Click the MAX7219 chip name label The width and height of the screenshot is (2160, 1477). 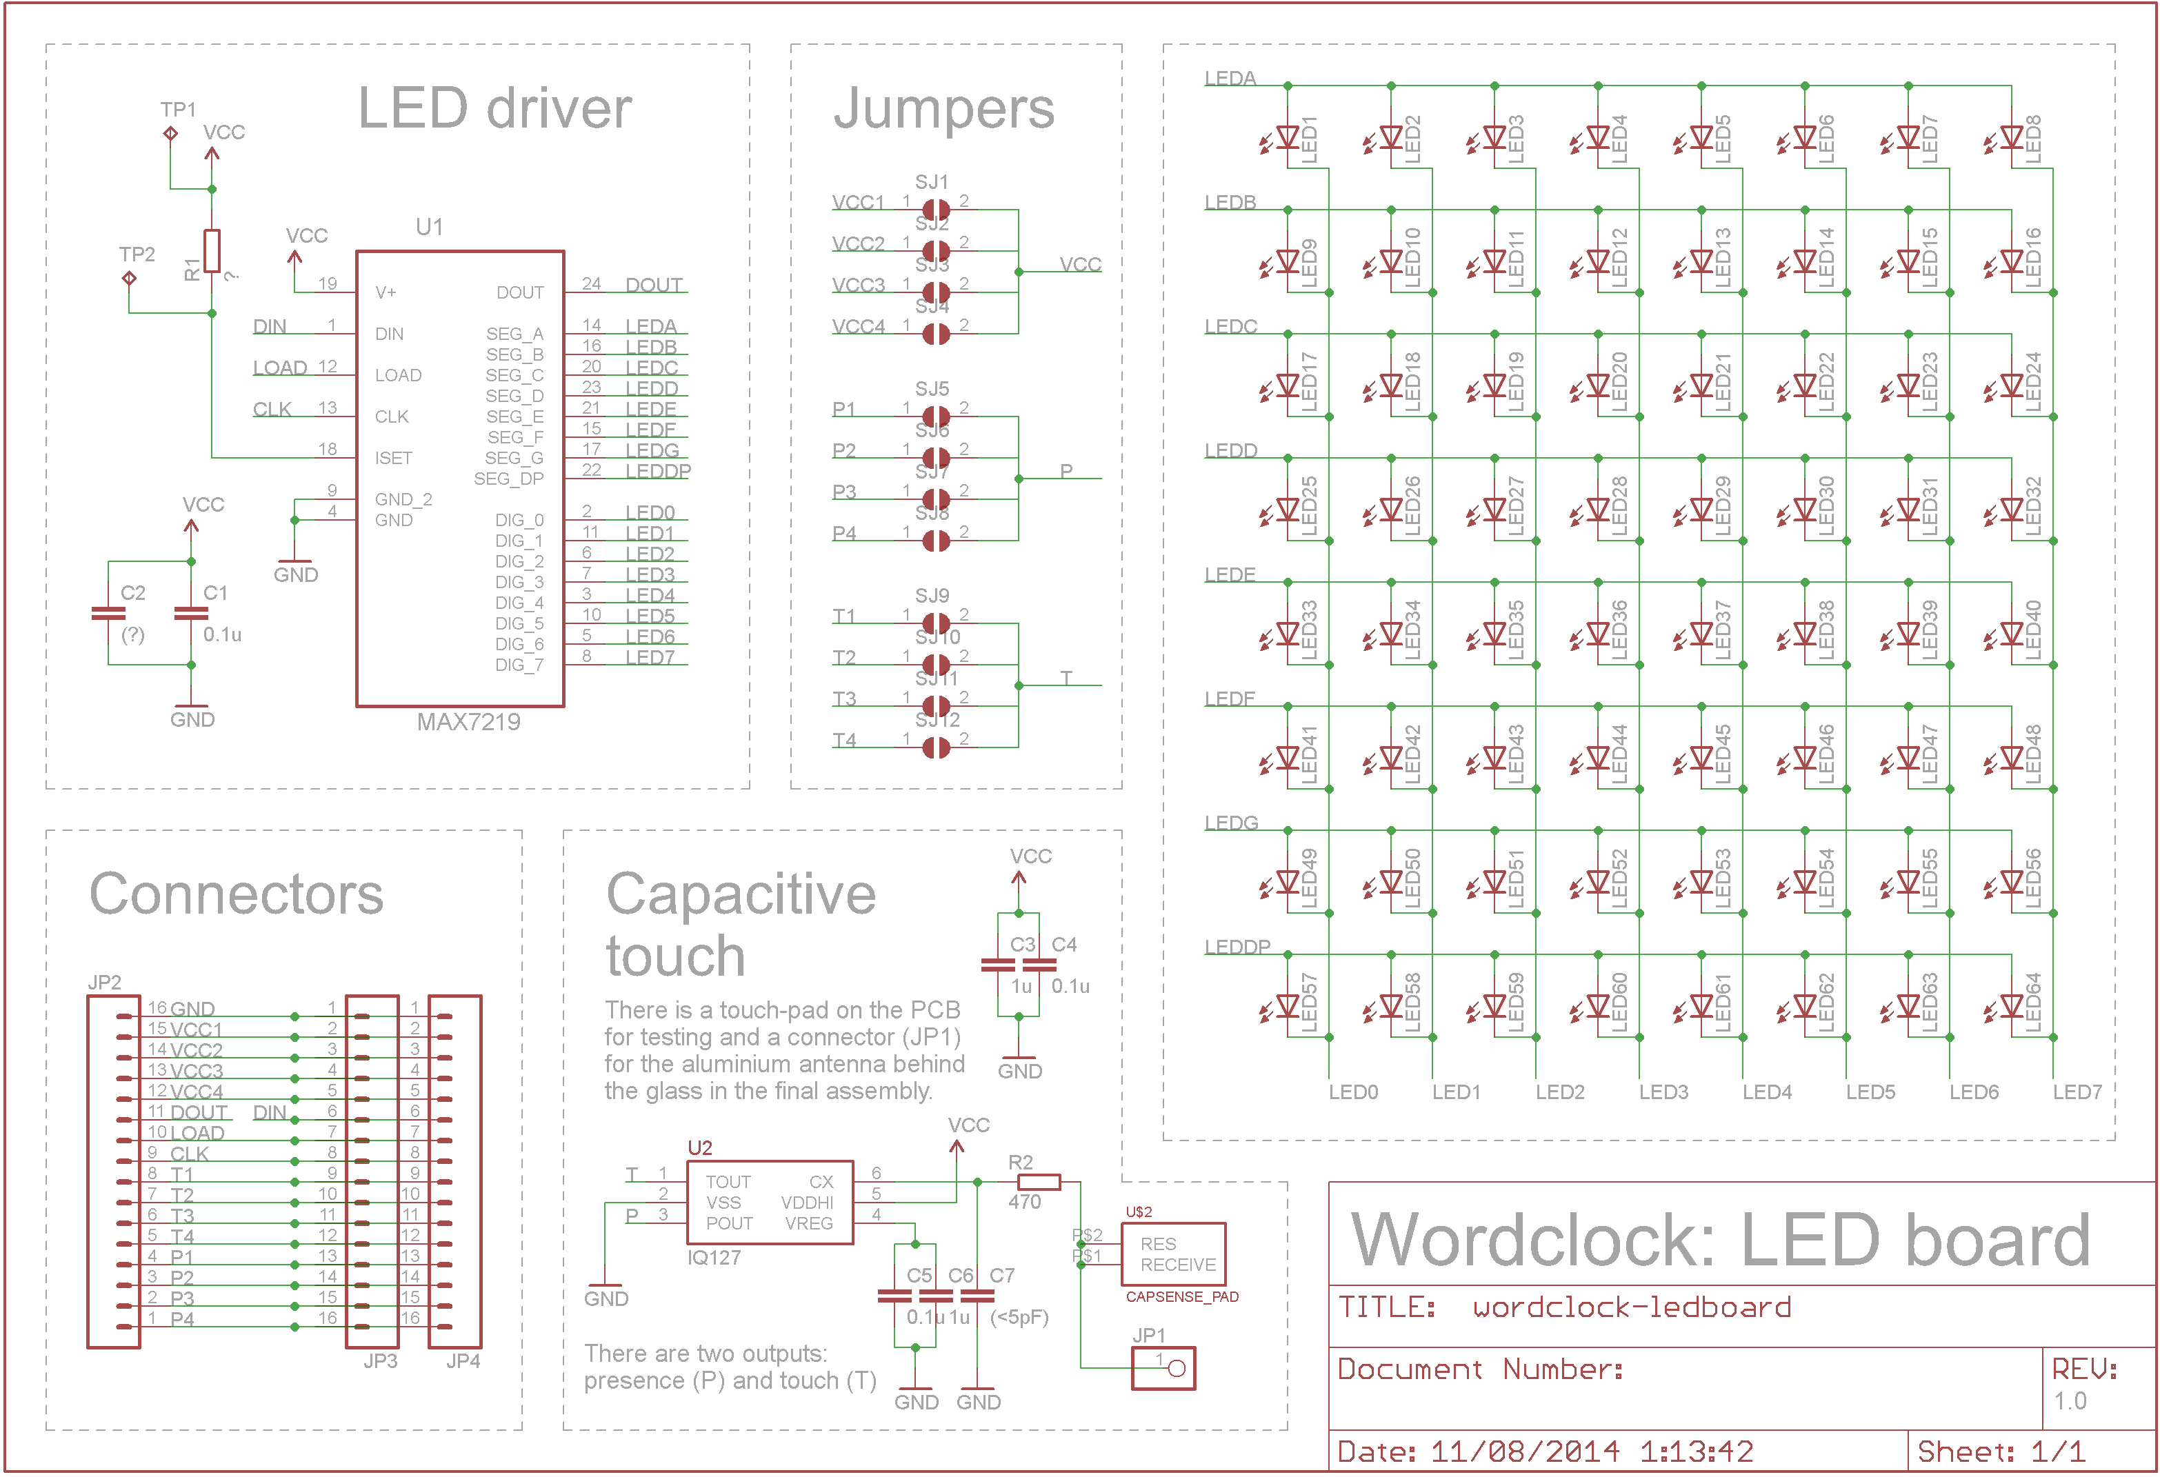[468, 721]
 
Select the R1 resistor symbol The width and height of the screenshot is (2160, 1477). [212, 250]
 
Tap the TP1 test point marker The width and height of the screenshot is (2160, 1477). [170, 133]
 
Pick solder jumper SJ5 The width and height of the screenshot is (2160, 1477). [936, 416]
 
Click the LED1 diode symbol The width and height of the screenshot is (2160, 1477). [1288, 139]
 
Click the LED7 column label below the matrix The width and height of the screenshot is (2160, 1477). [2077, 1092]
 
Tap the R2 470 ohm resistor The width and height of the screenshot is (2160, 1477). [1038, 1183]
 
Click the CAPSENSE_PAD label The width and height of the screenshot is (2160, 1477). [1181, 1296]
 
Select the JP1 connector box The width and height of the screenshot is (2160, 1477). [1163, 1367]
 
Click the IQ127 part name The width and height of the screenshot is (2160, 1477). [713, 1257]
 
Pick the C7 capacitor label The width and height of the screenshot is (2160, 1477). [1002, 1275]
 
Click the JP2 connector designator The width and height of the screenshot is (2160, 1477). [104, 983]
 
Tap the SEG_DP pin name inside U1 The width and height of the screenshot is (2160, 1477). [508, 479]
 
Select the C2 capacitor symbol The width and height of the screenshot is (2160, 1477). [108, 612]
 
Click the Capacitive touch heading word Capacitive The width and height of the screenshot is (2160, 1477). [741, 894]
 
